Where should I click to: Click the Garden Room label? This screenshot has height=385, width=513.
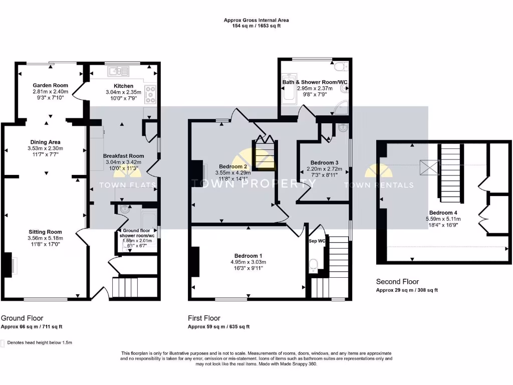pos(50,86)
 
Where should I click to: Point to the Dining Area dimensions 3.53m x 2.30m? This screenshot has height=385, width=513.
pos(45,148)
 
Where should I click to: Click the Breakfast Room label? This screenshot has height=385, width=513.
pos(123,155)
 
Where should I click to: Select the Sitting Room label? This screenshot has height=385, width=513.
pos(45,232)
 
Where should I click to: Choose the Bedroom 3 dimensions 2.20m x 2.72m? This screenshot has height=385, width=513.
pos(324,169)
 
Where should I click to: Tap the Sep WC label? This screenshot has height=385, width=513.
pos(317,241)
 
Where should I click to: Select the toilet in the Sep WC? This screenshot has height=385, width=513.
pos(314,265)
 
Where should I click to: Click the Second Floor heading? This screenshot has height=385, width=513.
pos(397,282)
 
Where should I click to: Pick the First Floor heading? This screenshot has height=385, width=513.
pos(204,318)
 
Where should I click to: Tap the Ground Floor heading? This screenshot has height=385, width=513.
pos(22,318)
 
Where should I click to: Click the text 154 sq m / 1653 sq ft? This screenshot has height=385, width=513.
pos(256,27)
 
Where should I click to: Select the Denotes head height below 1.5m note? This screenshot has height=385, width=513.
pos(40,343)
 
